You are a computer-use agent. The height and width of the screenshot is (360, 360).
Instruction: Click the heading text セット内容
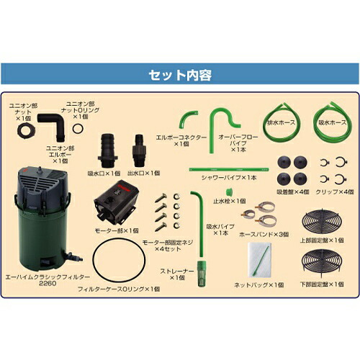click(x=179, y=74)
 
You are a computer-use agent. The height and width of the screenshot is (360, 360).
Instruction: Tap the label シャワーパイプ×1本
click(x=230, y=177)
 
